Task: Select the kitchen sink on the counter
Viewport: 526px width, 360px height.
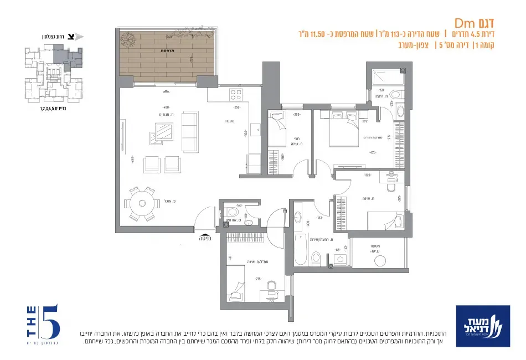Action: coord(255,130)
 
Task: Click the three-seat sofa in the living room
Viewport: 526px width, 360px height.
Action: coord(190,131)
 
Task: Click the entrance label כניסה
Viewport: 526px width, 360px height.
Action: coord(208,239)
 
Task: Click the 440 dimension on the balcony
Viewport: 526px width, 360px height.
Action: coord(168,38)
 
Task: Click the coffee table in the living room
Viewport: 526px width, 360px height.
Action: coord(163,132)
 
